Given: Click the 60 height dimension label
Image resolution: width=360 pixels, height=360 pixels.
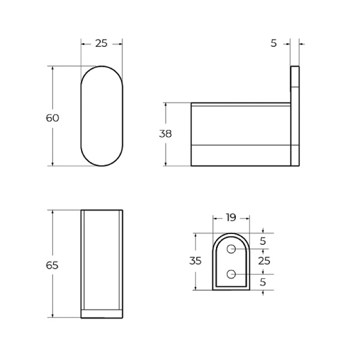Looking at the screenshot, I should (x=53, y=118).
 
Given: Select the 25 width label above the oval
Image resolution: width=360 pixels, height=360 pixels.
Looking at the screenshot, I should (x=101, y=44).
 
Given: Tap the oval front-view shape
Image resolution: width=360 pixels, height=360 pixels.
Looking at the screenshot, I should (x=101, y=116).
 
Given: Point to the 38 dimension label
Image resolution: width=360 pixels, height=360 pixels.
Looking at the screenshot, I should (x=165, y=134).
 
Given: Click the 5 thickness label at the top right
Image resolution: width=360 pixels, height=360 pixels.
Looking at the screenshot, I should (x=274, y=44).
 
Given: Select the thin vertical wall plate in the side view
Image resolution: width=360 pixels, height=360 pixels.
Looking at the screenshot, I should (x=295, y=115).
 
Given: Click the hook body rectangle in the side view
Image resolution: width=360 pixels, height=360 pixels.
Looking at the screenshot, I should (x=240, y=133).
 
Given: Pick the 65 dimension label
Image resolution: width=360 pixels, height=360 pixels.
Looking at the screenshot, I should (x=53, y=265).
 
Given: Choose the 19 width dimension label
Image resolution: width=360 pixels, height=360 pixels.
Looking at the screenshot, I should (x=230, y=218).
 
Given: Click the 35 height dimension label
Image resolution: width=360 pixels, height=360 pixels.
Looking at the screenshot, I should (x=195, y=261).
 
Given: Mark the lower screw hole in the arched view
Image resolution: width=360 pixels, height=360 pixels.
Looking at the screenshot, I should (x=231, y=275).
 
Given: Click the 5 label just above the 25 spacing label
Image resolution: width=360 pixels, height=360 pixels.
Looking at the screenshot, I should (x=263, y=242).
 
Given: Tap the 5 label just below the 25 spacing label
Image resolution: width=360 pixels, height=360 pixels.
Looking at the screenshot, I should (x=263, y=281).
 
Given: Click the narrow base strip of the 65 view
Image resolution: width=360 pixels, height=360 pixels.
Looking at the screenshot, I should (x=102, y=313).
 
